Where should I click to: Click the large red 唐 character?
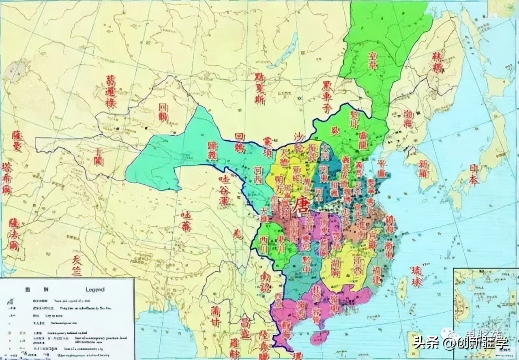point(302,204)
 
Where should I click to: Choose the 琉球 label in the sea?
point(416,276)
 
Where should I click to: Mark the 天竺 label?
point(77,266)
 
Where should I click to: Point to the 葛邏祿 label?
point(111,92)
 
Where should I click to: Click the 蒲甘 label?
point(215,316)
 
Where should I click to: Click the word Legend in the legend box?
point(95,289)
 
